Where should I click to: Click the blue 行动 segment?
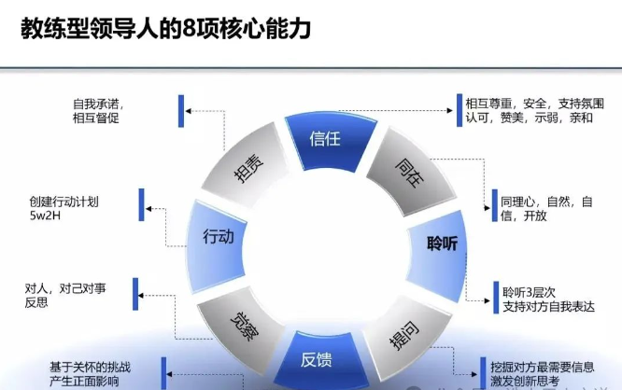pos(218,237)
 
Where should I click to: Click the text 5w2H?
pos(45,216)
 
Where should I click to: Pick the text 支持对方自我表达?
pos(549,306)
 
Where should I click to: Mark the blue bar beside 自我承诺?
pos(180,109)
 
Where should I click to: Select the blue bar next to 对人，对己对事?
pos(138,295)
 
